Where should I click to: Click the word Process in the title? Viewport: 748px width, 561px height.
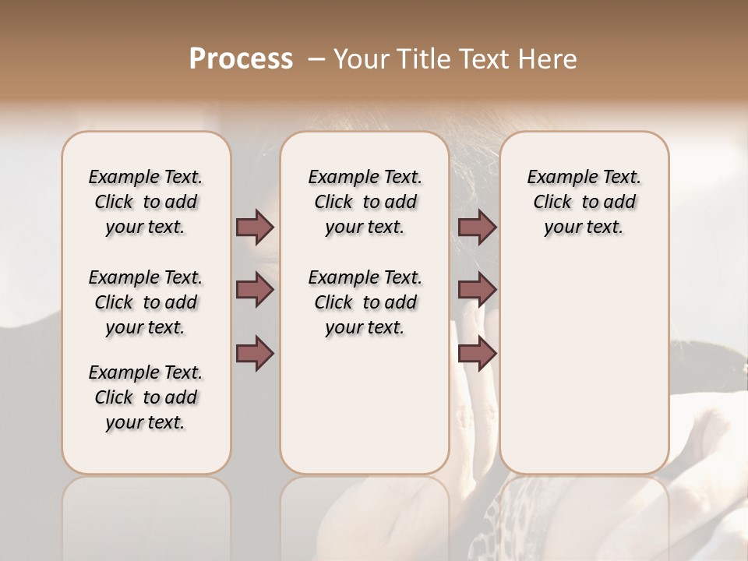point(241,59)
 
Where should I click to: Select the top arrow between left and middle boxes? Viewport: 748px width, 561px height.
point(255,227)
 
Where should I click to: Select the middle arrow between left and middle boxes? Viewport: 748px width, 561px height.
point(255,290)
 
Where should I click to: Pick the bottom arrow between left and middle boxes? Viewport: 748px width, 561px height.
point(255,353)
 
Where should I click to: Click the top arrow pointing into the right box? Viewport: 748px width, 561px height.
point(477,227)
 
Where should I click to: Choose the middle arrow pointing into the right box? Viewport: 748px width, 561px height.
point(477,290)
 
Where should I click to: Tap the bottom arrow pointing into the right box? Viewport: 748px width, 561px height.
point(477,353)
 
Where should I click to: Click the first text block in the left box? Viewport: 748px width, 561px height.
point(146,202)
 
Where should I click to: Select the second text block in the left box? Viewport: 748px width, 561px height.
point(146,302)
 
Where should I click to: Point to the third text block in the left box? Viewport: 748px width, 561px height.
point(146,397)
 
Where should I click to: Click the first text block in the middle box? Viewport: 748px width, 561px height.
point(365,202)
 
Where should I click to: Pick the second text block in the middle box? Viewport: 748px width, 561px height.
point(365,302)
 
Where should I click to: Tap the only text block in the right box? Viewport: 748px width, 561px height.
point(584,202)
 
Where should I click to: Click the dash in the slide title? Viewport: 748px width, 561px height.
point(316,59)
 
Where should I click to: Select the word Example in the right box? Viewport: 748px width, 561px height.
point(557,177)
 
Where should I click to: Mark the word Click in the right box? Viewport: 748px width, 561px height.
point(552,202)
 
